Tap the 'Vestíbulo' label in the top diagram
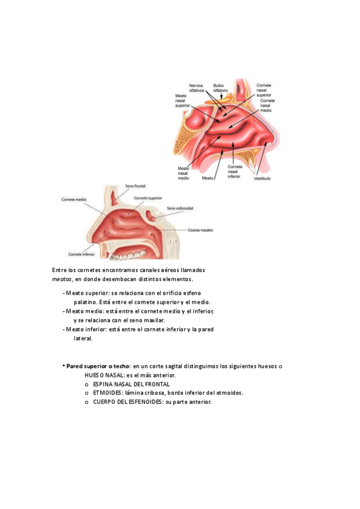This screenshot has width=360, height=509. tap(262, 178)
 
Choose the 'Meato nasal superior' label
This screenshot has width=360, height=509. tap(182, 101)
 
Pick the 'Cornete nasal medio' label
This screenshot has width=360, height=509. tap(267, 105)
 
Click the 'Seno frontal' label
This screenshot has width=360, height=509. tap(135, 186)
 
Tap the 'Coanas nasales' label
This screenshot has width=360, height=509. tap(200, 230)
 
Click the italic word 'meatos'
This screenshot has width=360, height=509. tap(62, 279)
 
